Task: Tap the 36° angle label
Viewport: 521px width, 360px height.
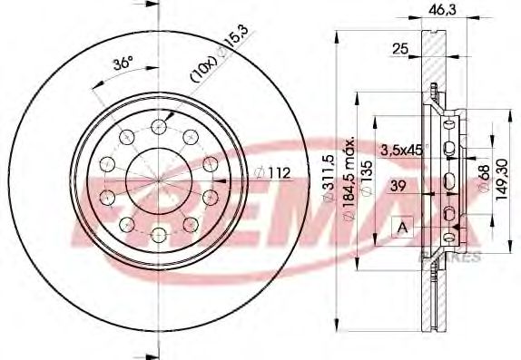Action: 121,64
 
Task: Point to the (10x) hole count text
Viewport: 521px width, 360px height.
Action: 202,73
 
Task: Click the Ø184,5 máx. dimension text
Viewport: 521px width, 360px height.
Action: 349,182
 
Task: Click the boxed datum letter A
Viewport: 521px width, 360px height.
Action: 398,228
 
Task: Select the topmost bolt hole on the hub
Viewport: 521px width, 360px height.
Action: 159,125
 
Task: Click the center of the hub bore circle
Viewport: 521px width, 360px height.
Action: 159,180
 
